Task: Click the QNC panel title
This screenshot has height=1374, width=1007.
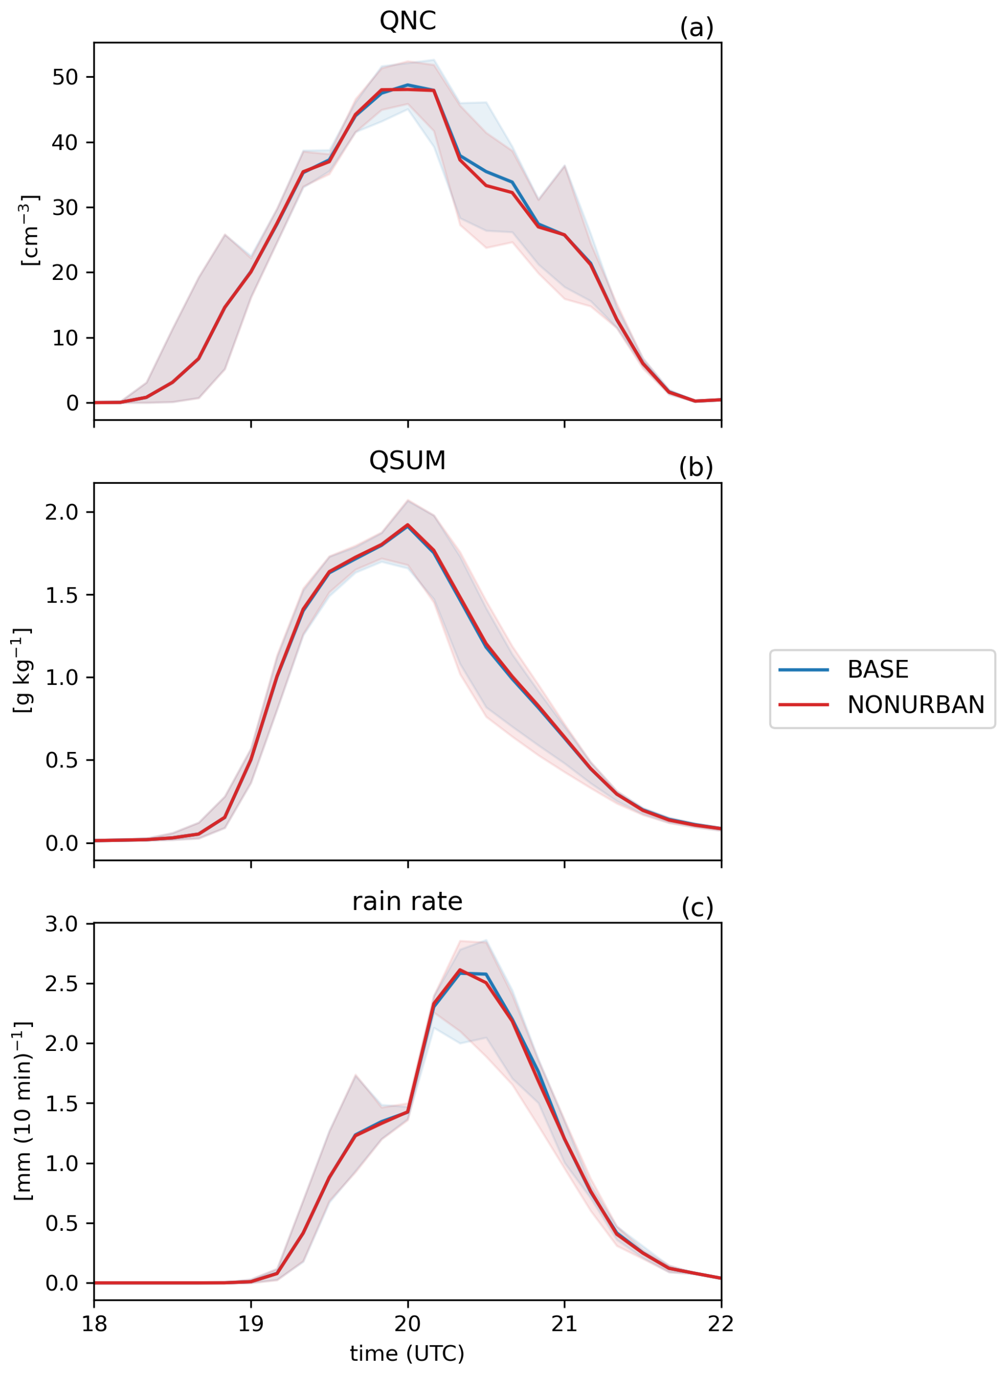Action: (407, 21)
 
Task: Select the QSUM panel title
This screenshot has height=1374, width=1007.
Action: (407, 461)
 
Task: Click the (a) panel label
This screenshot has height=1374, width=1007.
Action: (696, 28)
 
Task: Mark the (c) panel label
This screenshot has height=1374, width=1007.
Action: (697, 907)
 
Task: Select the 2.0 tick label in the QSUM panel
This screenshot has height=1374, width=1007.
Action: (62, 512)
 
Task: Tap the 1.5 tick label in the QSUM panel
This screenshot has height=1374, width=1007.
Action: (62, 595)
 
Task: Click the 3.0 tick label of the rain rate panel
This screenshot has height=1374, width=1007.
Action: (62, 924)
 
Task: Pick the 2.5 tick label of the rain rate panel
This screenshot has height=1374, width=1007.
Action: (62, 983)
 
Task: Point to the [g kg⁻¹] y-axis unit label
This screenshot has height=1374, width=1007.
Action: (22, 671)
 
